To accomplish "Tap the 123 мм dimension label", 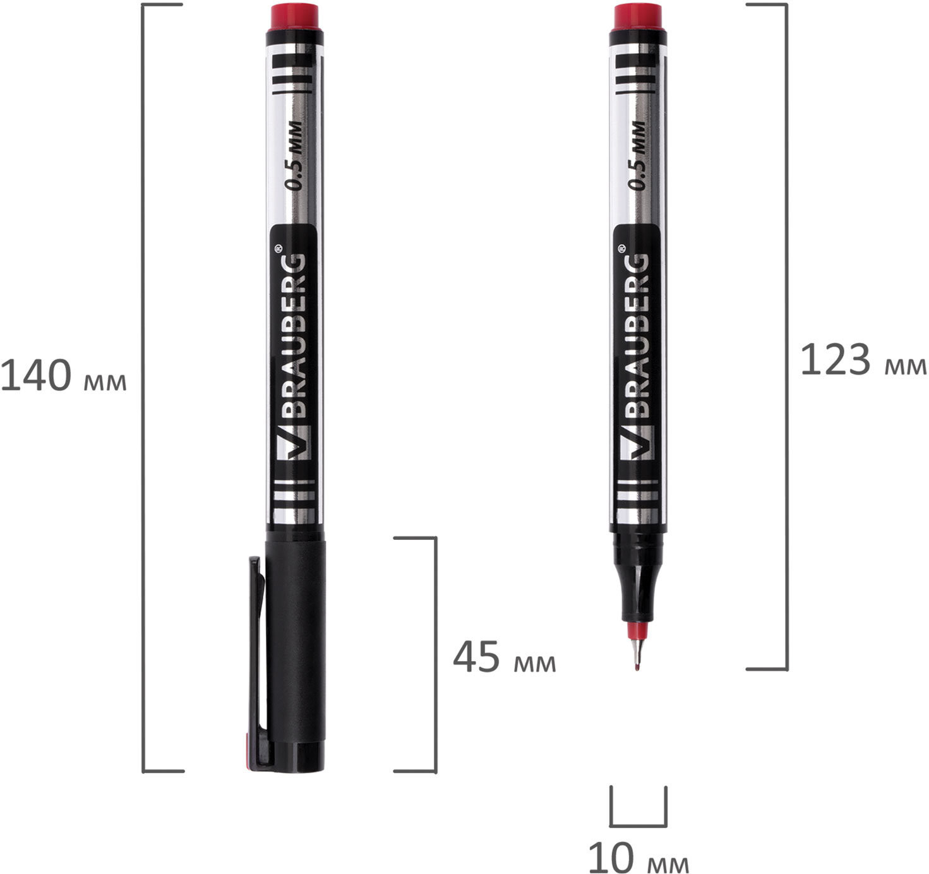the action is point(863,359).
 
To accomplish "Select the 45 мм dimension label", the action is point(504,657).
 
